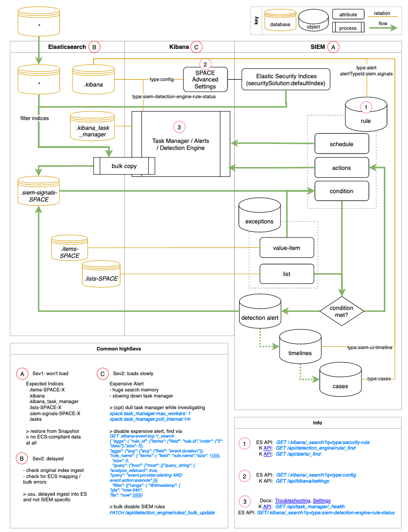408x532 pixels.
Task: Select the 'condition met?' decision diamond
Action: click(341, 311)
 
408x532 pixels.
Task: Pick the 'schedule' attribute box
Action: click(341, 144)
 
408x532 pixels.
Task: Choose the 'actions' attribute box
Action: click(341, 168)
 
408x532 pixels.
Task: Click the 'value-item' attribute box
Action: click(286, 248)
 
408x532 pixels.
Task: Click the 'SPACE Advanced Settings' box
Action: click(205, 80)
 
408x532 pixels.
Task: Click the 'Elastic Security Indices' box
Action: click(287, 80)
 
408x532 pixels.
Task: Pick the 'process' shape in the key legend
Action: click(348, 27)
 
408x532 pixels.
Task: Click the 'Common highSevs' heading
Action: click(119, 349)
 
